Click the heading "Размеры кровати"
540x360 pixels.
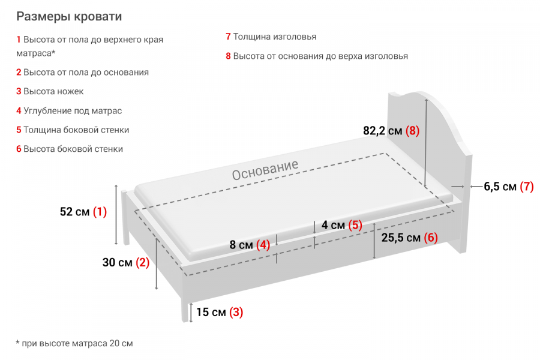point(69,16)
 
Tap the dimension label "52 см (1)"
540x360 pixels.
point(83,212)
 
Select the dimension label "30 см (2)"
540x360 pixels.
point(125,262)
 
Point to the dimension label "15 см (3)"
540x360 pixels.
point(219,312)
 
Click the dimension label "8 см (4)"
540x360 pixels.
point(250,245)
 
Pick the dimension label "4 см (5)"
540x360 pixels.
point(342,226)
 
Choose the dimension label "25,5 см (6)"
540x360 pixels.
point(409,238)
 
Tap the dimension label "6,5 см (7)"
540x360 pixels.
point(508,187)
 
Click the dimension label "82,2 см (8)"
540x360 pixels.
point(391,131)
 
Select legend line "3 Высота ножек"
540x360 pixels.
point(50,92)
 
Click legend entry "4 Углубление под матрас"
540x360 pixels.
point(69,111)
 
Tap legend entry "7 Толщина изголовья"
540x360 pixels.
point(271,37)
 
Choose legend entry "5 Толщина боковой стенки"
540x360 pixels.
point(73,130)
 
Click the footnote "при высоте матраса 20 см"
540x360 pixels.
point(74,344)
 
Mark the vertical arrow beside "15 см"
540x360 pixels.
point(191,313)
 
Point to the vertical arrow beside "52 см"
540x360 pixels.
point(116,215)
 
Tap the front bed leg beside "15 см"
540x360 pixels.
point(184,311)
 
